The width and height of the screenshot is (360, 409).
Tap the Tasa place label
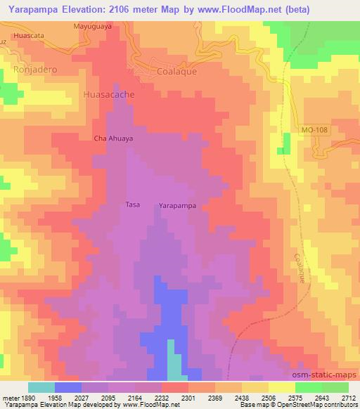click(132, 204)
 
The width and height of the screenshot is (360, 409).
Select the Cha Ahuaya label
click(113, 138)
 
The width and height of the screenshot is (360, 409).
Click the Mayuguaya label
click(93, 26)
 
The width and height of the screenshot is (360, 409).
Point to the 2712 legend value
click(348, 397)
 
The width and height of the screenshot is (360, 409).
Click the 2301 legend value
click(188, 397)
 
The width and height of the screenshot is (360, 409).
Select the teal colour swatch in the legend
click(41, 387)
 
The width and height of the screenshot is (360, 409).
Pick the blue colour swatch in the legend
click(67, 387)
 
